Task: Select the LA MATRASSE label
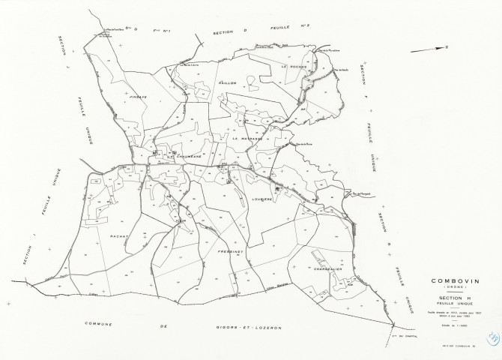[247, 139]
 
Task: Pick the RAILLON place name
[228, 82]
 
